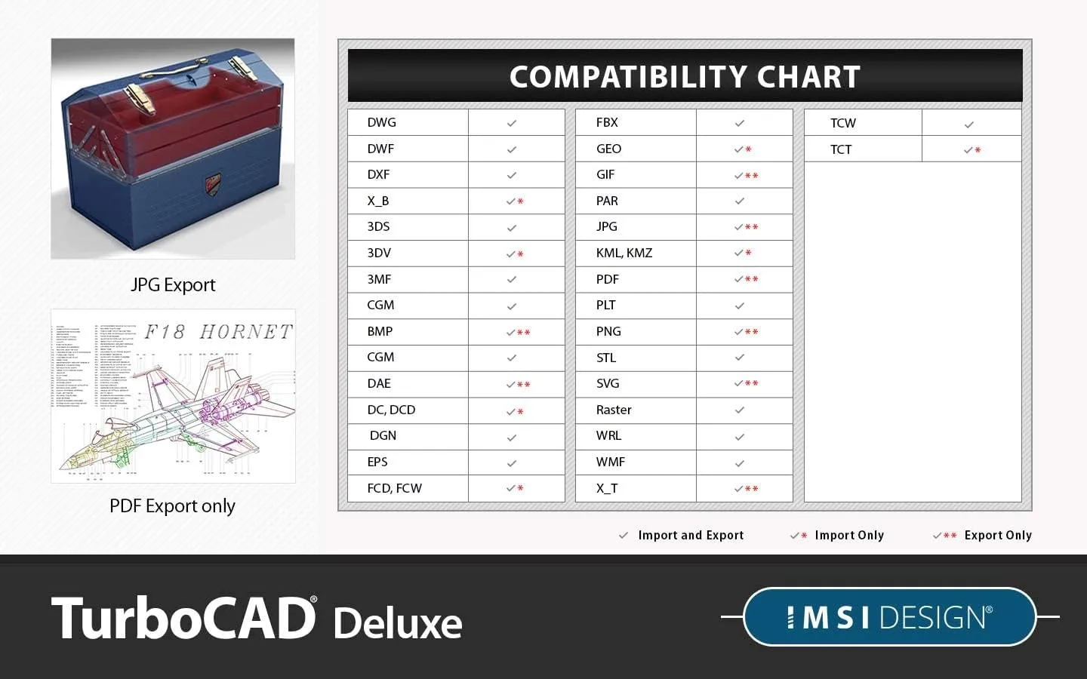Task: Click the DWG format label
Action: [x=381, y=122]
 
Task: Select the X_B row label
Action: [x=378, y=201]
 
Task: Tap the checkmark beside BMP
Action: [x=512, y=332]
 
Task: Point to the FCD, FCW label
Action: [x=394, y=488]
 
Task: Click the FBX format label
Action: [x=607, y=122]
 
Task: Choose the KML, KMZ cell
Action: [x=624, y=253]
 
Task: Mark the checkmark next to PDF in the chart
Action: [x=740, y=279]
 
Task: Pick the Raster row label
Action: [x=614, y=410]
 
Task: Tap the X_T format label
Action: [x=607, y=488]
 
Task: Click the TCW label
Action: [x=842, y=123]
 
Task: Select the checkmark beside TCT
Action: [x=968, y=150]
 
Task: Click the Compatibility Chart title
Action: [x=685, y=77]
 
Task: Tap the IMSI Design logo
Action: [x=889, y=617]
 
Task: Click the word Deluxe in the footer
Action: [x=398, y=623]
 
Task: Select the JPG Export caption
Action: [x=173, y=284]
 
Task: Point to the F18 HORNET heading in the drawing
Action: [x=218, y=332]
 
